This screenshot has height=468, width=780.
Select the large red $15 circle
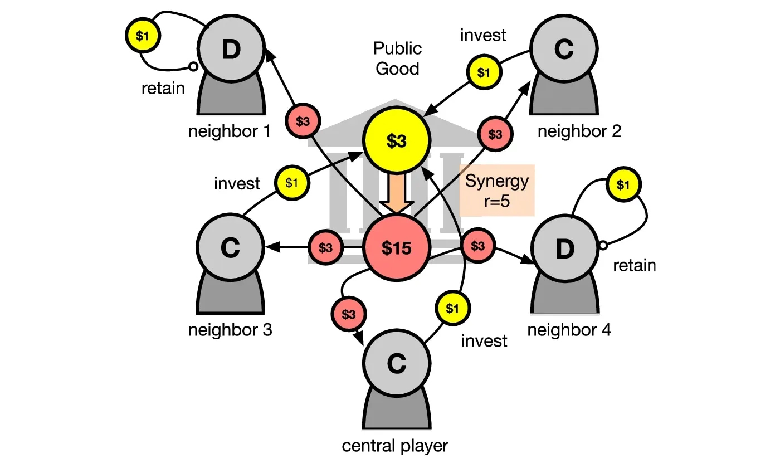396,248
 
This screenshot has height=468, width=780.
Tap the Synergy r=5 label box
497,191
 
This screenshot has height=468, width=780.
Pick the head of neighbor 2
564,50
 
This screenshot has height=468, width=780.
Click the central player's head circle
396,363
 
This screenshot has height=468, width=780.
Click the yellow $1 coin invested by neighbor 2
484,72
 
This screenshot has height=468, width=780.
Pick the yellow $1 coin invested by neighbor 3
292,182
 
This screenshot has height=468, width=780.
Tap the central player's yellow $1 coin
453,307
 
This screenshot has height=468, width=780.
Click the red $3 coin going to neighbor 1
303,121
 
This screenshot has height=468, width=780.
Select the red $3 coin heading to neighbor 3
325,247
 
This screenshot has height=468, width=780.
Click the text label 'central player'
395,446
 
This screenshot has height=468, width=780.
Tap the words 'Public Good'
397,58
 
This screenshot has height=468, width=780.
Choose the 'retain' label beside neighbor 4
635,265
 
